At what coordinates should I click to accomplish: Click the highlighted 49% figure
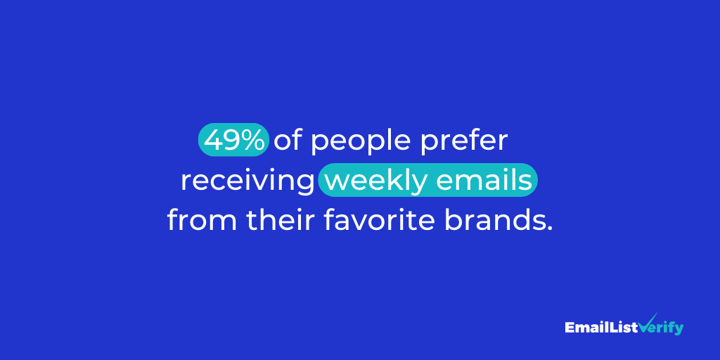(234, 141)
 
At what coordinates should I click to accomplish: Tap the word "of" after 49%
(288, 141)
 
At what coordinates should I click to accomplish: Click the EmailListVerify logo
(624, 327)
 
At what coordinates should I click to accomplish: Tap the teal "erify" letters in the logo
(669, 328)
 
